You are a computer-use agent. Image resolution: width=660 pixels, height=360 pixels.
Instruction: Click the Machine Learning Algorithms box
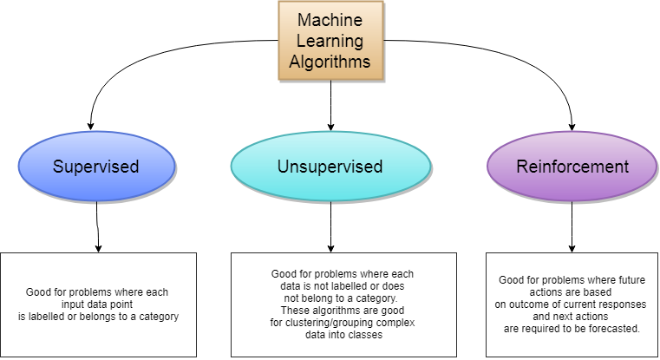(x=330, y=40)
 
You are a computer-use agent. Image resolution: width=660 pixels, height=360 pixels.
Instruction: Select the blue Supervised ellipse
(x=96, y=167)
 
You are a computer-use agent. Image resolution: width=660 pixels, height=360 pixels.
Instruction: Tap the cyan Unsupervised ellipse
(x=330, y=167)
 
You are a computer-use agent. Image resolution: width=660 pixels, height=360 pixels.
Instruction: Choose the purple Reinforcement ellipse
(x=572, y=167)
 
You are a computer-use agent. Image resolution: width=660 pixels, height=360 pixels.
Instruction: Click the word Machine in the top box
(x=330, y=19)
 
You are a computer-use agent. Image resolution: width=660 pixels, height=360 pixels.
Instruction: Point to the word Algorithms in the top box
(x=330, y=62)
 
